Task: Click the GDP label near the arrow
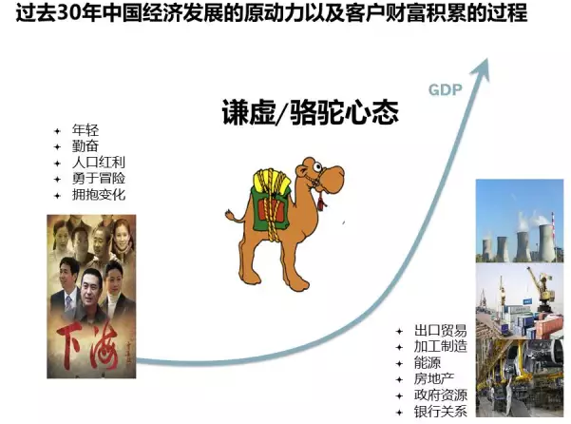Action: pyautogui.click(x=445, y=89)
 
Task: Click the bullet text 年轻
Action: pyautogui.click(x=86, y=130)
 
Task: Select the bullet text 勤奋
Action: pyautogui.click(x=86, y=146)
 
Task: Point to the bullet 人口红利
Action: pyautogui.click(x=99, y=163)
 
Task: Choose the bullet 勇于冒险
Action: pyautogui.click(x=99, y=178)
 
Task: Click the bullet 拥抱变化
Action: pyautogui.click(x=99, y=194)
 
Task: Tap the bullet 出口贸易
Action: pyautogui.click(x=440, y=331)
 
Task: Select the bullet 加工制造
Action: pyautogui.click(x=440, y=346)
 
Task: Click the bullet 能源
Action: pyautogui.click(x=428, y=363)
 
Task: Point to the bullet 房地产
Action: pyautogui.click(x=433, y=378)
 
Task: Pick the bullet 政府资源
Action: pyautogui.click(x=440, y=395)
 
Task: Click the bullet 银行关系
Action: pyautogui.click(x=440, y=412)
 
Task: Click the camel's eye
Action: pyautogui.click(x=318, y=167)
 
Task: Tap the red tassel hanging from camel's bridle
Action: pyautogui.click(x=321, y=202)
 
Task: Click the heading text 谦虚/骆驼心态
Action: pyautogui.click(x=311, y=112)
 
